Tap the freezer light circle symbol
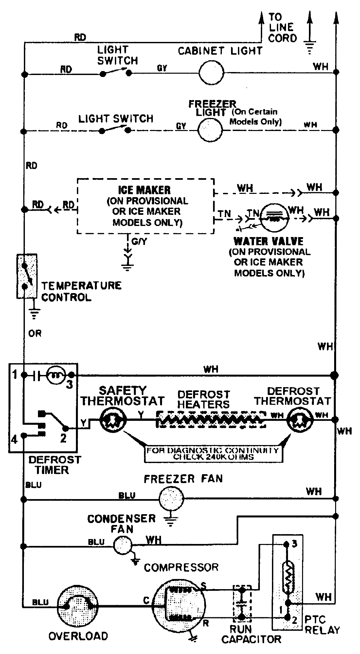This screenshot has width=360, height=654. point(210,130)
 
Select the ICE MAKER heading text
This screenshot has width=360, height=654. point(144,190)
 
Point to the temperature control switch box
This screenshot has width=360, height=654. point(27,276)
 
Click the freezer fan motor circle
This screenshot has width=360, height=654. point(171,498)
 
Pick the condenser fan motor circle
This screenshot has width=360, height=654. point(122,545)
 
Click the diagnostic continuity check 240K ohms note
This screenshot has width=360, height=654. point(213,454)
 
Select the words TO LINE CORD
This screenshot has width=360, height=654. point(282,28)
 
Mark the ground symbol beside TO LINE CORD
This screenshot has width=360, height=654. point(309,46)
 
